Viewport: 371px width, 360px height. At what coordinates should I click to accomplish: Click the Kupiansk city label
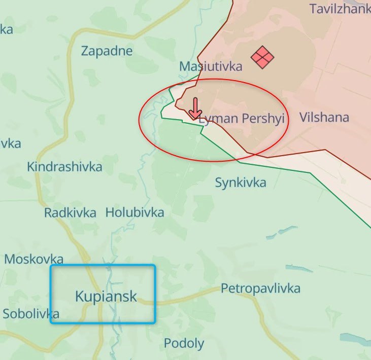[106, 296]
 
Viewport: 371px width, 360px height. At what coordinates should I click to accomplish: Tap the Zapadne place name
[107, 51]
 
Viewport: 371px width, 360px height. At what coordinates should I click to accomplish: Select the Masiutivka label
[211, 66]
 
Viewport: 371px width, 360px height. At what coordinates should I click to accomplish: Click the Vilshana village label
[324, 118]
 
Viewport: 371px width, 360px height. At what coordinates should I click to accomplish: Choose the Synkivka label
[241, 183]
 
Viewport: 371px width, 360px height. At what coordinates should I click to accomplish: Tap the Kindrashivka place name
[64, 166]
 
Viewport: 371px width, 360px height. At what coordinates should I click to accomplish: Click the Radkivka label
[70, 212]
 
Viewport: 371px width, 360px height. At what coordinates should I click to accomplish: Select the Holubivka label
[134, 212]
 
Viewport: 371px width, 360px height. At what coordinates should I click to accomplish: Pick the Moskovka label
[34, 259]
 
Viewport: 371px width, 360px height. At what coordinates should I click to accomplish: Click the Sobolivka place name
[31, 313]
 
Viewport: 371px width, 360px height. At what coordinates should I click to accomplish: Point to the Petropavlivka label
[260, 289]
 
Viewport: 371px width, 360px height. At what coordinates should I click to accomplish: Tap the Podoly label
[184, 343]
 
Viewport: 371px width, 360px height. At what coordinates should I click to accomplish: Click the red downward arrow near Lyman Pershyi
[195, 108]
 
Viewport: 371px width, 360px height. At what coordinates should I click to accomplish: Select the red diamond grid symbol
[262, 57]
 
